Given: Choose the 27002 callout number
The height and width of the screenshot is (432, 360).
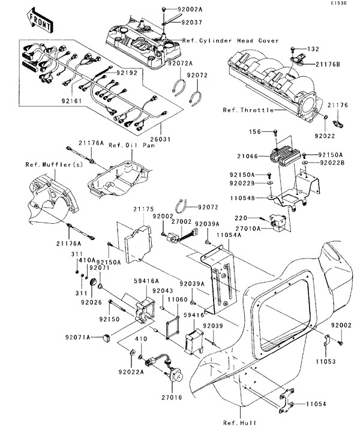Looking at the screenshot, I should (182, 221).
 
